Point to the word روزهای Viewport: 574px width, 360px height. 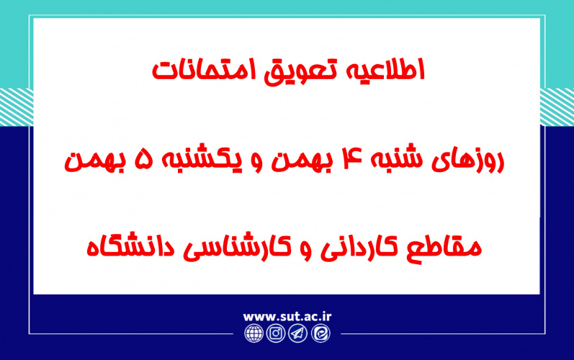[x=470, y=161]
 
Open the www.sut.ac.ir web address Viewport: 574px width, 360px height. [x=287, y=316]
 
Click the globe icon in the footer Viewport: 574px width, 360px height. [x=254, y=334]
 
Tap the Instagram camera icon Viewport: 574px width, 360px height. [x=276, y=334]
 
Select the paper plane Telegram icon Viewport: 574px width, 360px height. [x=297, y=334]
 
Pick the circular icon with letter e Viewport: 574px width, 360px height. [x=319, y=334]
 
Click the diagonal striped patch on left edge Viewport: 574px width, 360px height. [x=16, y=100]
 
